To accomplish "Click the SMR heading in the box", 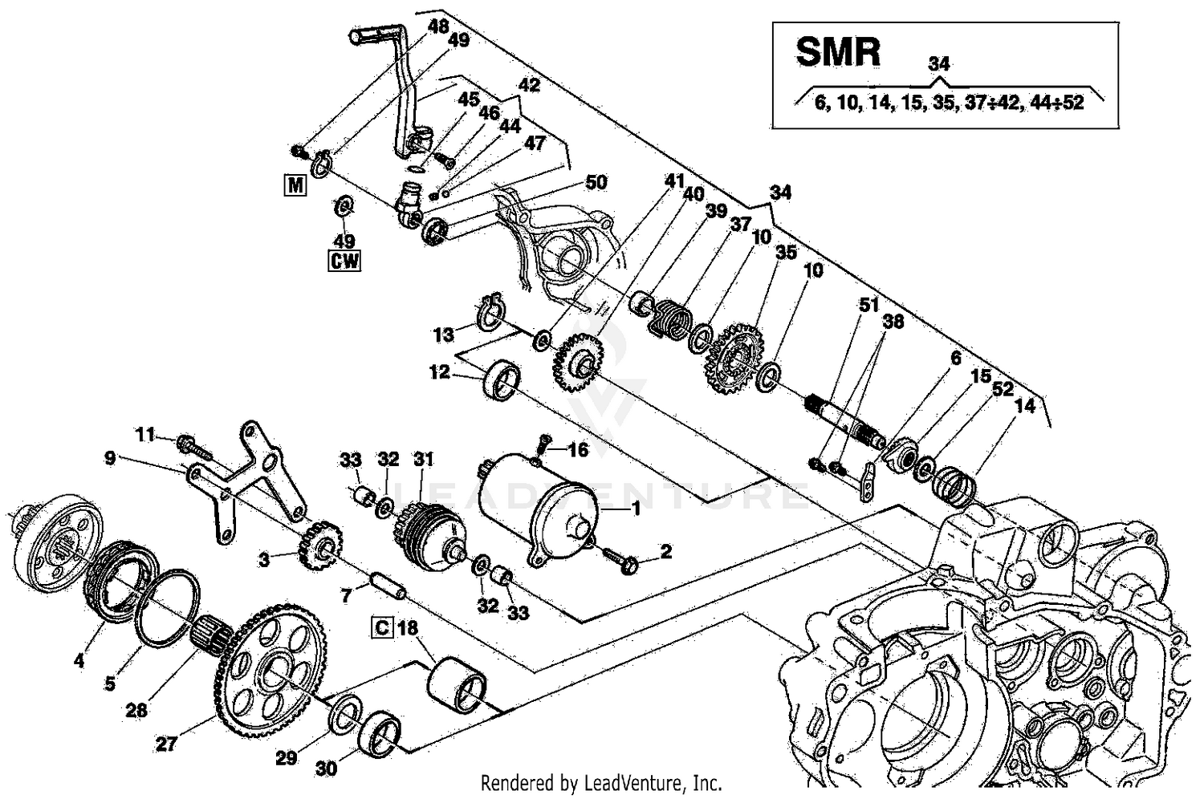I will tap(837, 51).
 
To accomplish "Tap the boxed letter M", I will tap(295, 186).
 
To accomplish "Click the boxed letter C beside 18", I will tap(382, 627).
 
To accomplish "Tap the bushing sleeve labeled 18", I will tap(457, 683).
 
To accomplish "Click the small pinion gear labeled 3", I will tap(320, 545).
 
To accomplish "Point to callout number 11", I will tap(144, 436).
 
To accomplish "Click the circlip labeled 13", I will tap(491, 312).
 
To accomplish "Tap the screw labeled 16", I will tap(542, 442).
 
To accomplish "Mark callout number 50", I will tap(596, 182).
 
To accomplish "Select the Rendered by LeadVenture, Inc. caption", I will tap(601, 782).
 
